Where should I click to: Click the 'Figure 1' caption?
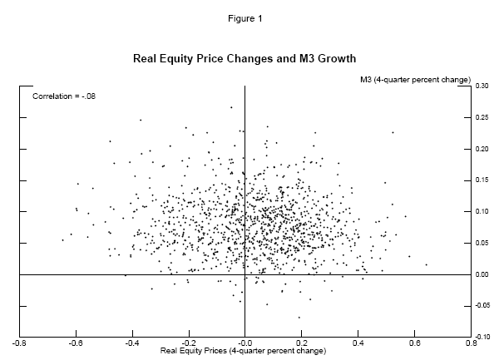pos(249,17)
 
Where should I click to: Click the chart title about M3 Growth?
pos(245,60)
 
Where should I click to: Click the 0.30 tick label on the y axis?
pos(482,86)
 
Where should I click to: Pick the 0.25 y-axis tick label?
pos(482,117)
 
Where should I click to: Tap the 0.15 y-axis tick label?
pos(482,180)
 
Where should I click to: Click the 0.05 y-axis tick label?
pos(482,243)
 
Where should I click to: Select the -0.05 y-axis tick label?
pos(482,305)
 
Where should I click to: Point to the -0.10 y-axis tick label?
pos(482,337)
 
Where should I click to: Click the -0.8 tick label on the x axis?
pos(18,341)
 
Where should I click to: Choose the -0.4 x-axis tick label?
pos(131,341)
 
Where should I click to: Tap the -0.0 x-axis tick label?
pos(245,341)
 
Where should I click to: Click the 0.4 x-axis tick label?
pos(358,341)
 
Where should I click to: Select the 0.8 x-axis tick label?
pos(472,341)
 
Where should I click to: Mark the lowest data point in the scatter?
pos(299,317)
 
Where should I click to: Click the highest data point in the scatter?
pos(231,106)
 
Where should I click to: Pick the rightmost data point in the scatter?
pos(426,264)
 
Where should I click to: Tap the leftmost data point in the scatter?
pos(62,240)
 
